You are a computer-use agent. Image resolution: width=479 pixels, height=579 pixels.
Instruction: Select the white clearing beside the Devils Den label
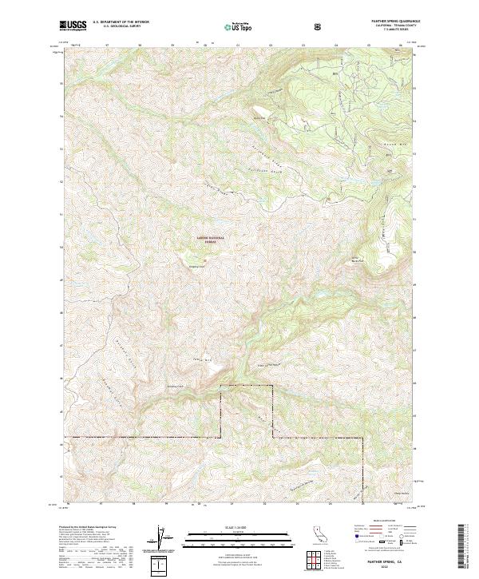[261, 113]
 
